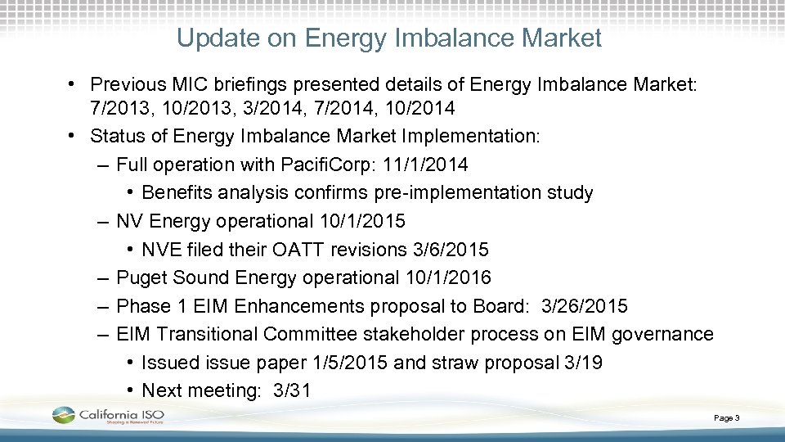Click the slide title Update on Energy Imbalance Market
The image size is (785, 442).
389,38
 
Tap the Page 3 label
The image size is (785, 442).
726,418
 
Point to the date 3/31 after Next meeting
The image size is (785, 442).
291,390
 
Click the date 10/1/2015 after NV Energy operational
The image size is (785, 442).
362,221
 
